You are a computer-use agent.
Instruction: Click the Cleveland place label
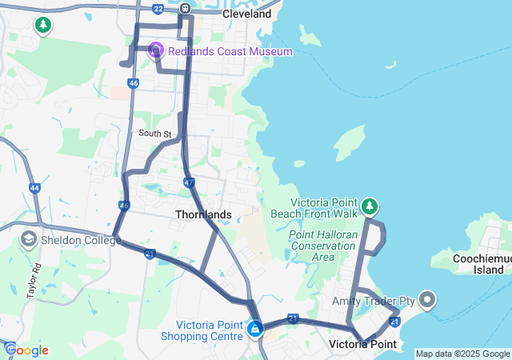tap(247, 14)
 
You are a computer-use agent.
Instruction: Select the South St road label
tap(154, 134)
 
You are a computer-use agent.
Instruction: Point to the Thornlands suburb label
tap(203, 214)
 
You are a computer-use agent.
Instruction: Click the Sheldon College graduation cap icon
tap(28, 239)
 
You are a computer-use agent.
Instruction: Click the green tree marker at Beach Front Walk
tap(369, 207)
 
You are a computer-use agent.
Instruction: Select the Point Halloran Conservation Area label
tap(322, 246)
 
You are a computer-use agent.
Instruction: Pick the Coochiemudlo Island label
tap(477, 265)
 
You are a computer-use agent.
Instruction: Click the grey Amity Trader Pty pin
tap(426, 301)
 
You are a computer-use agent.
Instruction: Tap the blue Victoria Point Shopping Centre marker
tap(255, 328)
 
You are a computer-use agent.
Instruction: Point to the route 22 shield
tap(158, 9)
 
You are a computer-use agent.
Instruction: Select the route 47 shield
tap(189, 183)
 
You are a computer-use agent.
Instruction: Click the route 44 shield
tap(34, 188)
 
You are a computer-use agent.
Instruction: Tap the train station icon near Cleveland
tap(185, 9)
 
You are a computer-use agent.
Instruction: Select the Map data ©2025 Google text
tap(462, 354)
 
